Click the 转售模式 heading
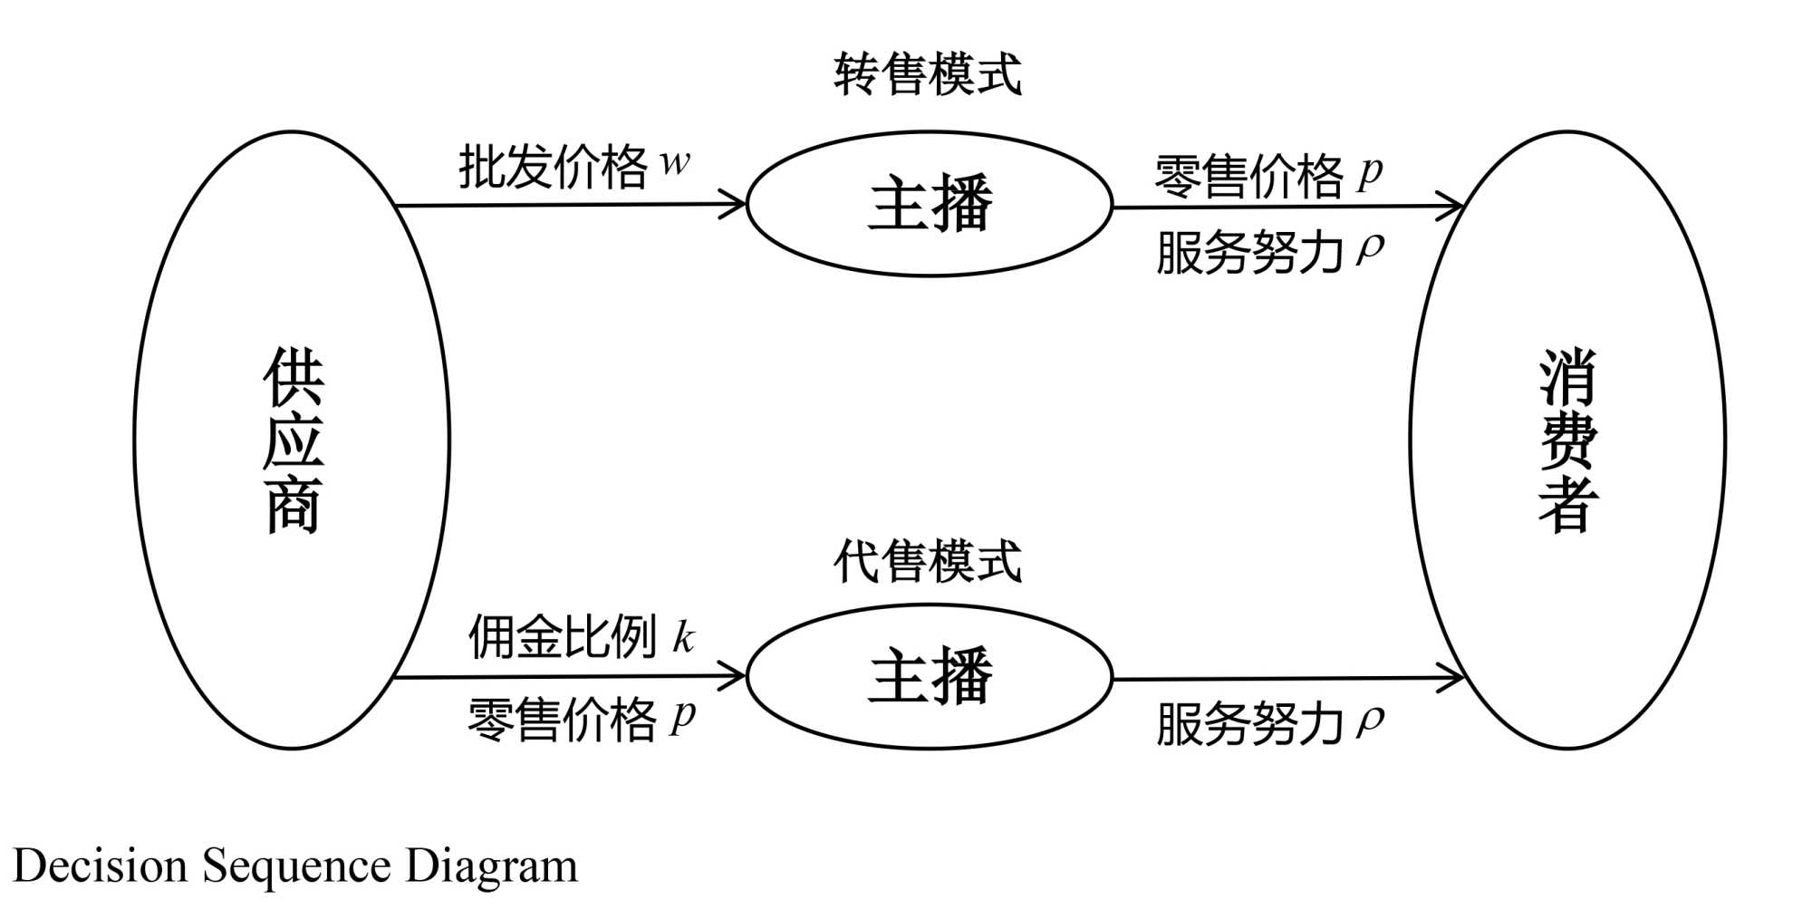click(927, 74)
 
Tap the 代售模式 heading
click(927, 561)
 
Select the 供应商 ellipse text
click(293, 440)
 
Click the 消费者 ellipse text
click(1567, 440)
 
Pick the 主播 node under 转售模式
click(930, 204)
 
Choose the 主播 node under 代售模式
click(930, 676)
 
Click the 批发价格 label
click(553, 167)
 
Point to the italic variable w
click(674, 163)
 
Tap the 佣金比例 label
click(562, 636)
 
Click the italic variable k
click(683, 637)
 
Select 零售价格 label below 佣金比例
click(562, 720)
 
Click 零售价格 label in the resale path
click(1248, 176)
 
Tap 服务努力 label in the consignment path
click(1248, 724)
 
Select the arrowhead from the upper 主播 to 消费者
click(1453, 207)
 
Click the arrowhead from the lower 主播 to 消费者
click(1453, 678)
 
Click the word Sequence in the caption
click(296, 866)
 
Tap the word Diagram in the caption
click(491, 866)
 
